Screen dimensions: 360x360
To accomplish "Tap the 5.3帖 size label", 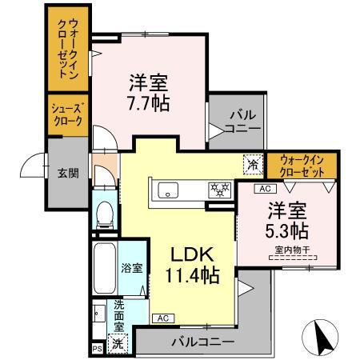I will tap(288, 232).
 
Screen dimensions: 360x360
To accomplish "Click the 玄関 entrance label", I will tap(67, 173).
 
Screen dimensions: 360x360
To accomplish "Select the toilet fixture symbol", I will tap(102, 212).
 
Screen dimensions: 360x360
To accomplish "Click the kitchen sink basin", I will tap(169, 190).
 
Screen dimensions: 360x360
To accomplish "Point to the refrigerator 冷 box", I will tap(252, 165).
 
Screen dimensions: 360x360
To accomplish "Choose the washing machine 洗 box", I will tap(117, 343).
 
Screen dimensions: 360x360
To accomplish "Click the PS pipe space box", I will tap(97, 350).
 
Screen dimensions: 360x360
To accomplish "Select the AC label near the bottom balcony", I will tap(162, 318).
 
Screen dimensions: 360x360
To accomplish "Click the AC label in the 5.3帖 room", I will tap(265, 189).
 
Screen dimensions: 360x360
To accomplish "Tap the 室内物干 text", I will tap(287, 250).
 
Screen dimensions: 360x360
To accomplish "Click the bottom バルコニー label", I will tap(203, 341).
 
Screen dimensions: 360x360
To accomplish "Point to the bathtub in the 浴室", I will tap(104, 270).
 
